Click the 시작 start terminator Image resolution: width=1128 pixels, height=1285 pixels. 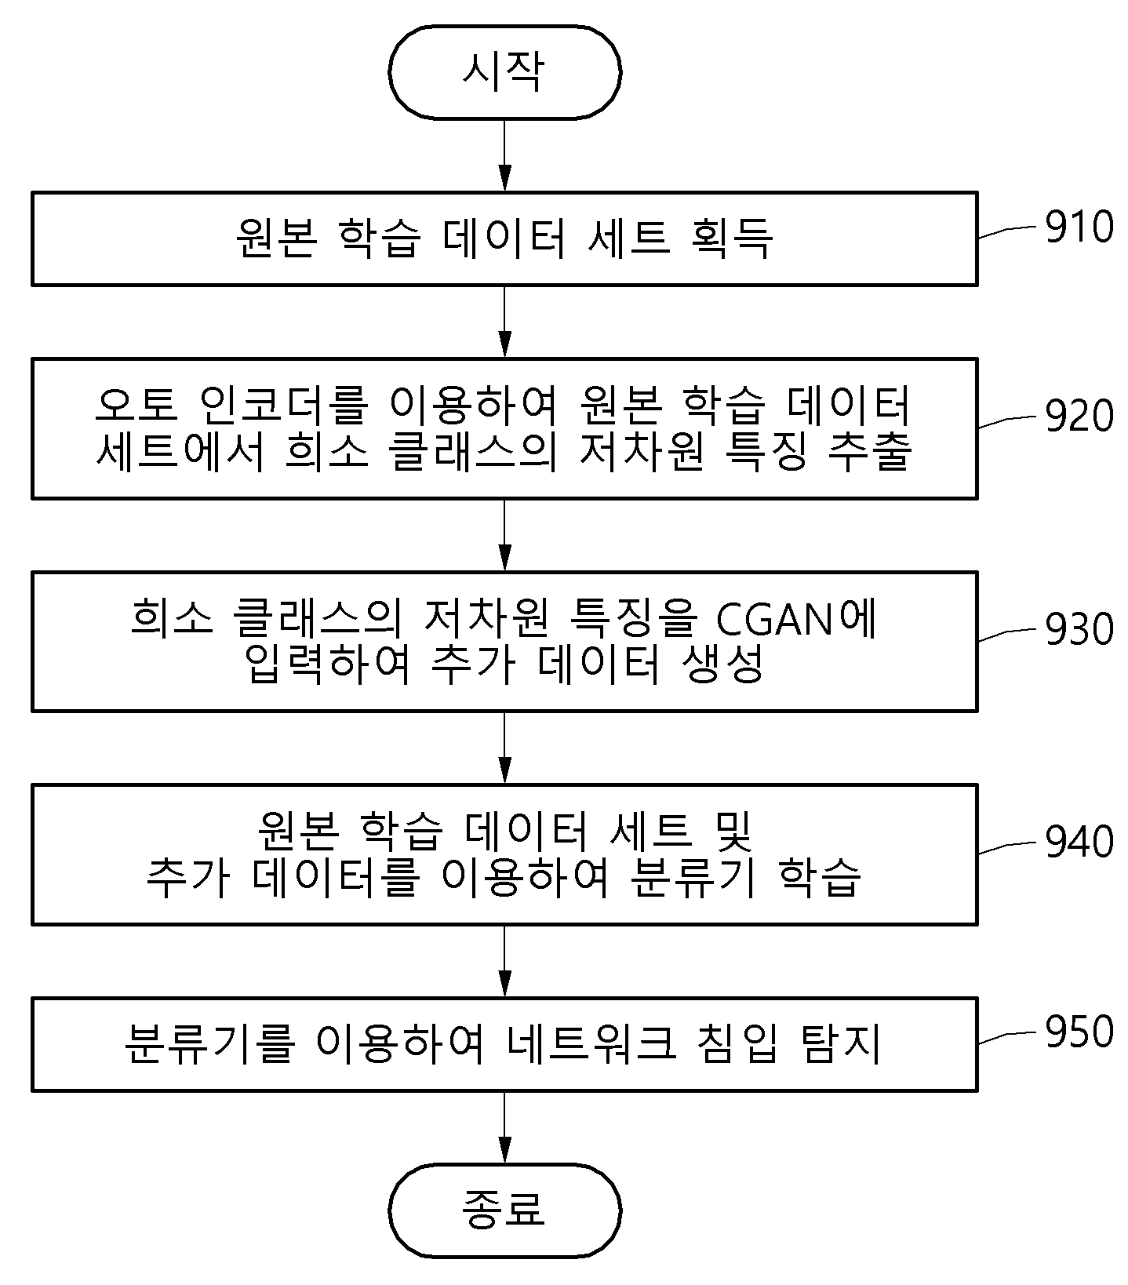[x=504, y=72]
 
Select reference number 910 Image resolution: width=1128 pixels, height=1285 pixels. [x=1079, y=227]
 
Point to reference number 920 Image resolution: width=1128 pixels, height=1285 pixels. [x=1079, y=416]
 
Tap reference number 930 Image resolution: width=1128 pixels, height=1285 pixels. [x=1079, y=629]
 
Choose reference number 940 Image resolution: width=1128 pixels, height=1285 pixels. [x=1079, y=842]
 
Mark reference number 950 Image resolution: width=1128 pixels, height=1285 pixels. [x=1079, y=1032]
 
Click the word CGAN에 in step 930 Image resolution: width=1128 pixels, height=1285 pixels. [x=796, y=618]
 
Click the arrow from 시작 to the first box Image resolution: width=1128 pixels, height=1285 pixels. [x=504, y=155]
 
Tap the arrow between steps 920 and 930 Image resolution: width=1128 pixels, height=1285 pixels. [x=504, y=535]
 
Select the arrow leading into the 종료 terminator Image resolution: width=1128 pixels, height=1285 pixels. [x=504, y=1127]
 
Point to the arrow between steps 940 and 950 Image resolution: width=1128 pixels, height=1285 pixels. [x=504, y=961]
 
